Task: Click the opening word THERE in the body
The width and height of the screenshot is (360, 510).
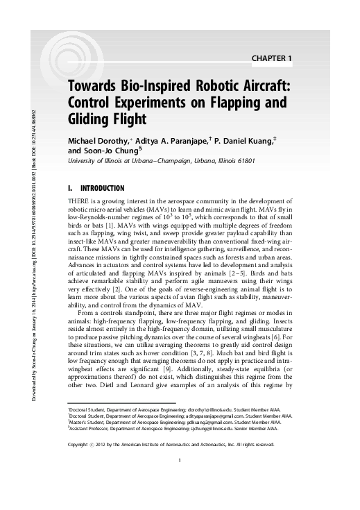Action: (78, 202)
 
